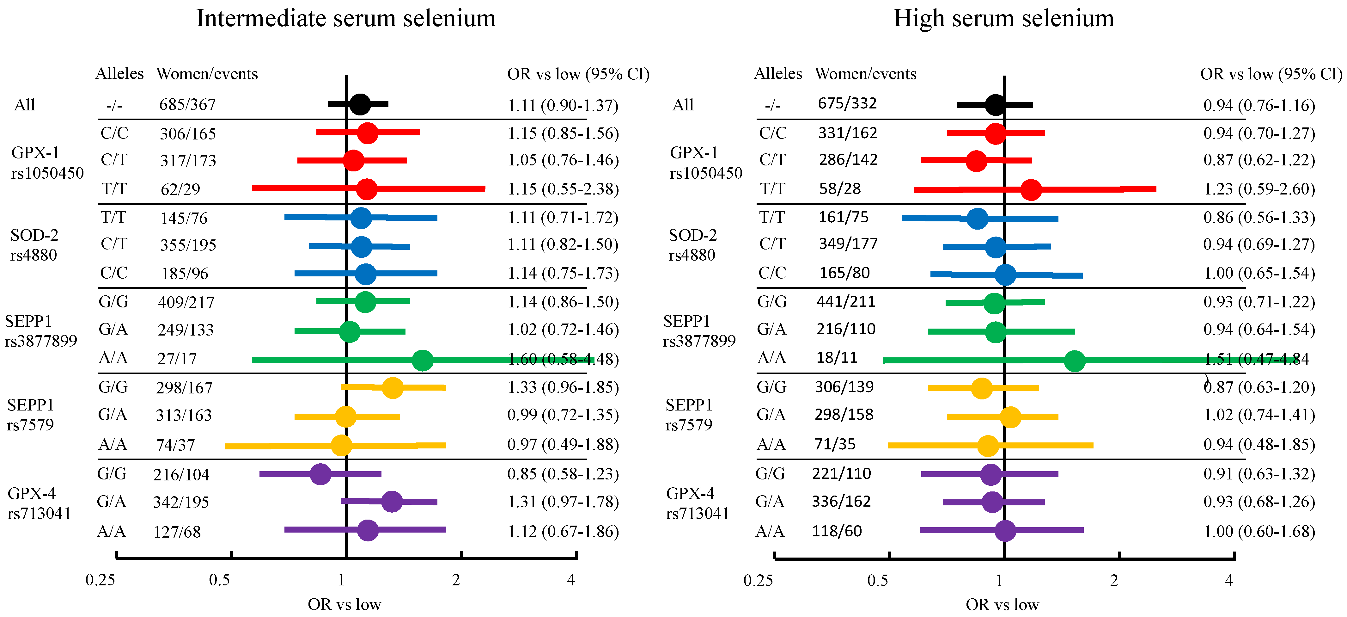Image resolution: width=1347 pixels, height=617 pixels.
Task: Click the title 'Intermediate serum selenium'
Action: click(346, 19)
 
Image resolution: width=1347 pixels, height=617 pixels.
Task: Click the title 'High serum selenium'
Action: click(1003, 19)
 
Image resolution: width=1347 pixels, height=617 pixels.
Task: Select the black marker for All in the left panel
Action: click(360, 105)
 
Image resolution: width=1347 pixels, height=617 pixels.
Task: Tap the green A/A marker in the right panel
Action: click(1075, 361)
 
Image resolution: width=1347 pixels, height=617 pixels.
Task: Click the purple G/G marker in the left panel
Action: click(320, 474)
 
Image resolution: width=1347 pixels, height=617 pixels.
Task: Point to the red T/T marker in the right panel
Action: click(1031, 189)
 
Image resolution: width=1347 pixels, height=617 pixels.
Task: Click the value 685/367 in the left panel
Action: click(187, 105)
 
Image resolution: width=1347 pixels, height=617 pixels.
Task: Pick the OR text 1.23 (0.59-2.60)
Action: click(1259, 189)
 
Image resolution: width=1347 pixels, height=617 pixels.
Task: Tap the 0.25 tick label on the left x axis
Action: click(101, 580)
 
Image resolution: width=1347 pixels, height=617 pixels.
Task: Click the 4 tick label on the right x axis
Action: click(1229, 580)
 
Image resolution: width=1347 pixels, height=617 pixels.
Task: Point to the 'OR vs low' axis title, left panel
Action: click(344, 604)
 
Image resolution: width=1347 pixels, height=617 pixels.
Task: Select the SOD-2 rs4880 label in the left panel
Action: click(34, 245)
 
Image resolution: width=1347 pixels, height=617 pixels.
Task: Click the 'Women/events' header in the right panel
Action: click(865, 74)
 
